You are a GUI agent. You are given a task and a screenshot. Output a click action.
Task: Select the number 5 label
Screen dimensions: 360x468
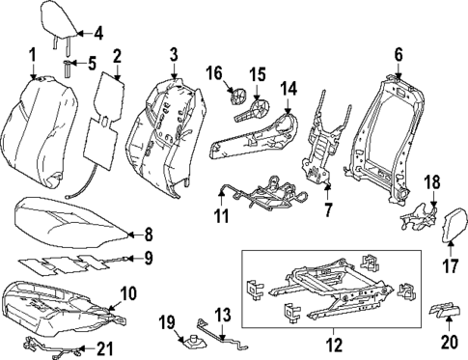92,65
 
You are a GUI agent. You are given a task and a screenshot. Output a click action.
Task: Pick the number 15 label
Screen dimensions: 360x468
258,73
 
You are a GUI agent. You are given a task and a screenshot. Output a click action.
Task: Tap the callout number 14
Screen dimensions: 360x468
289,89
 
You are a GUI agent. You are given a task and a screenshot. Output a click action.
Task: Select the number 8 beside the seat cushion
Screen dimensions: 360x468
148,233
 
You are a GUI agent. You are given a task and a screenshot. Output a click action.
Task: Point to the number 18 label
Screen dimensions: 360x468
432,180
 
